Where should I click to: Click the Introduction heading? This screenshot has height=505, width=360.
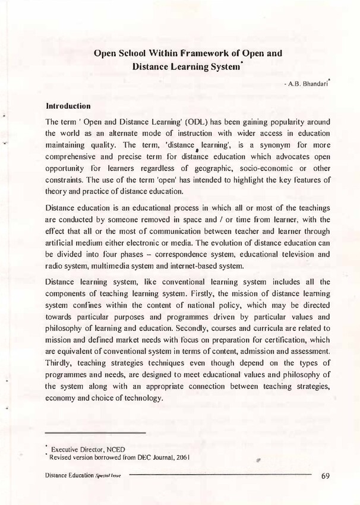(68, 106)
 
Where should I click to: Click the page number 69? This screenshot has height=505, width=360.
(326, 475)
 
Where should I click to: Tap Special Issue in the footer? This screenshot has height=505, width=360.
(109, 476)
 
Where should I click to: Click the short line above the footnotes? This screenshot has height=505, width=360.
(95, 433)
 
